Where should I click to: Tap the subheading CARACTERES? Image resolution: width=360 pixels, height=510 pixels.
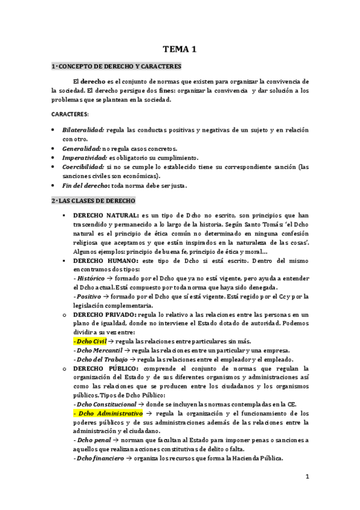click(x=69, y=114)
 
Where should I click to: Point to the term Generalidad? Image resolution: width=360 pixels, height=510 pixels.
click(x=82, y=149)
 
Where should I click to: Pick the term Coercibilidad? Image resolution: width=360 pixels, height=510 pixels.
click(x=83, y=167)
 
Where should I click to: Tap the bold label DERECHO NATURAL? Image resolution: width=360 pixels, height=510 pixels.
click(x=106, y=215)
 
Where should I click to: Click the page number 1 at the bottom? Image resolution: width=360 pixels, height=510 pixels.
click(x=307, y=477)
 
